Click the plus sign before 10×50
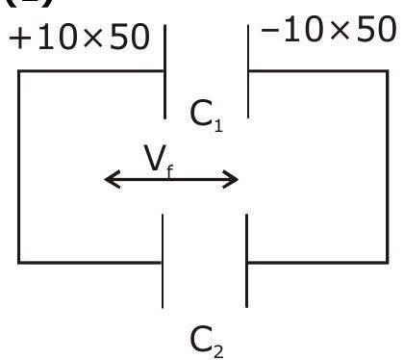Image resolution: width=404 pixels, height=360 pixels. click(x=20, y=38)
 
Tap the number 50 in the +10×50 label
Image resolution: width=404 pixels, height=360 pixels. click(x=130, y=37)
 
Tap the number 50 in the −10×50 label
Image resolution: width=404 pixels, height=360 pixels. click(x=376, y=29)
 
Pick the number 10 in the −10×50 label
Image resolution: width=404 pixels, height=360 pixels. click(x=302, y=29)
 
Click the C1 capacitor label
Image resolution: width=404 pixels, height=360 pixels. click(x=206, y=116)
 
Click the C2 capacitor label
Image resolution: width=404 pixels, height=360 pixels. click(x=207, y=342)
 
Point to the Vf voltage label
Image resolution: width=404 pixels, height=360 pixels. click(x=159, y=161)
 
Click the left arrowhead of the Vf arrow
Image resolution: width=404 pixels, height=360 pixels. click(x=113, y=179)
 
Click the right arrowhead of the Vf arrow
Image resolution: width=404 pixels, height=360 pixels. click(x=231, y=179)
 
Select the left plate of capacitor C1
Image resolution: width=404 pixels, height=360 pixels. click(x=164, y=71)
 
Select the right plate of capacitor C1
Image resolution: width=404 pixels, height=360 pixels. click(x=248, y=71)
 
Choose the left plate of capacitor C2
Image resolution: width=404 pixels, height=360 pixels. click(x=163, y=261)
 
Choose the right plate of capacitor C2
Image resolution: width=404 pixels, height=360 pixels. click(x=246, y=261)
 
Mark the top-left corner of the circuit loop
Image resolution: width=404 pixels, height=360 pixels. click(x=19, y=71)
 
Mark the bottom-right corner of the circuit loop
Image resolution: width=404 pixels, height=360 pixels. click(x=388, y=263)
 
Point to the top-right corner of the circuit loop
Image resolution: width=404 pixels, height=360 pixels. click(x=388, y=71)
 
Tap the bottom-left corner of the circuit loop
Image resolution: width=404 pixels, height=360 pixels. click(x=19, y=263)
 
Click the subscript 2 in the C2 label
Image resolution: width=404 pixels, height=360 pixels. click(x=218, y=352)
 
